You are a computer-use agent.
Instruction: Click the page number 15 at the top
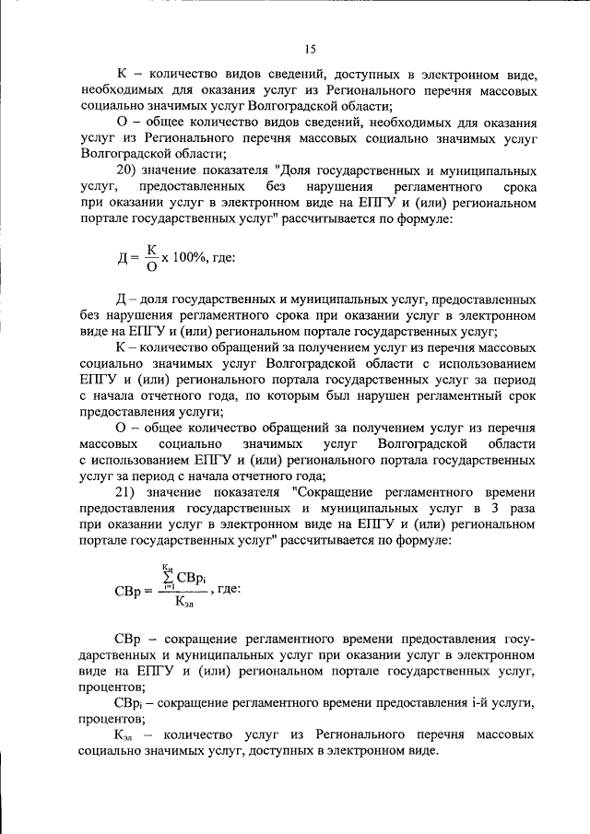pyautogui.click(x=310, y=50)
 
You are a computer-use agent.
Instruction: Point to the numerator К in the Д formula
pyautogui.click(x=151, y=249)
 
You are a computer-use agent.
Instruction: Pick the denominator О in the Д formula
pyautogui.click(x=151, y=267)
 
